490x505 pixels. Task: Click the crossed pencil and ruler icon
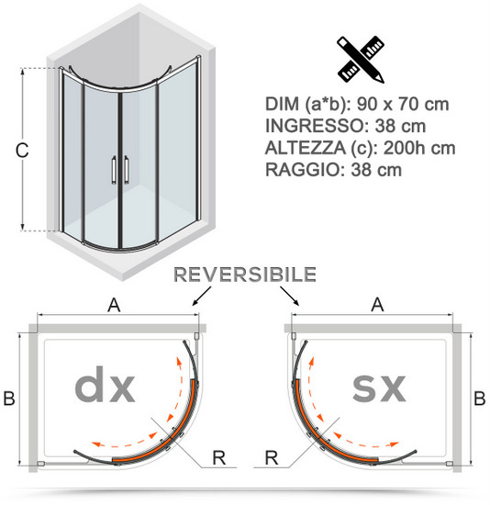pyautogui.click(x=361, y=60)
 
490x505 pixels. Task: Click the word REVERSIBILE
pyautogui.click(x=245, y=275)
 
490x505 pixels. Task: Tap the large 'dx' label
pyautogui.click(x=105, y=385)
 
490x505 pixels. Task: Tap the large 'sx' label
pyautogui.click(x=379, y=388)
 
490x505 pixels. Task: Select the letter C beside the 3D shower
pyautogui.click(x=22, y=151)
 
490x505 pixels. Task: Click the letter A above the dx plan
pyautogui.click(x=114, y=305)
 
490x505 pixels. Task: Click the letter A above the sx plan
pyautogui.click(x=377, y=304)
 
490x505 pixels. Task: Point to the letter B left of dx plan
pyautogui.click(x=9, y=398)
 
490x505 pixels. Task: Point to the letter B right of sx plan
pyautogui.click(x=480, y=398)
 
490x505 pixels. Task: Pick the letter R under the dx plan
pyautogui.click(x=219, y=457)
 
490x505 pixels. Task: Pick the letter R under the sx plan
pyautogui.click(x=272, y=457)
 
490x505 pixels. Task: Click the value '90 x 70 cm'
pyautogui.click(x=403, y=104)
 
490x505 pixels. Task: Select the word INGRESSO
pyautogui.click(x=314, y=126)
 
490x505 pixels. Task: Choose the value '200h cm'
pyautogui.click(x=419, y=148)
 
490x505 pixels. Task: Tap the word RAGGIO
pyautogui.click(x=302, y=170)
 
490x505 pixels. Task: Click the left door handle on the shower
pyautogui.click(x=114, y=170)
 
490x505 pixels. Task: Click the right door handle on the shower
pyautogui.click(x=127, y=170)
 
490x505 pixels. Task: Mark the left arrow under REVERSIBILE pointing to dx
pyautogui.click(x=202, y=296)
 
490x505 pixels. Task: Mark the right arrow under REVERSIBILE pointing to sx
pyautogui.click(x=290, y=296)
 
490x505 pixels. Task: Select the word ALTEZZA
pyautogui.click(x=305, y=148)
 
